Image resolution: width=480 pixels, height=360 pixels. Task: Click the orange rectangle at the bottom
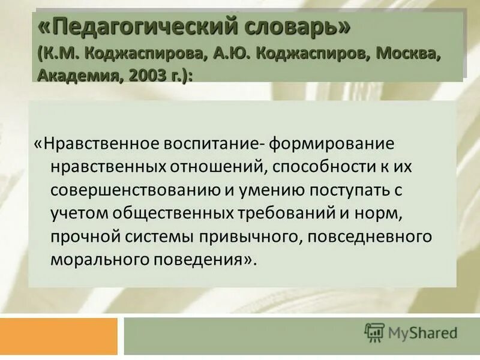point(59,336)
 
